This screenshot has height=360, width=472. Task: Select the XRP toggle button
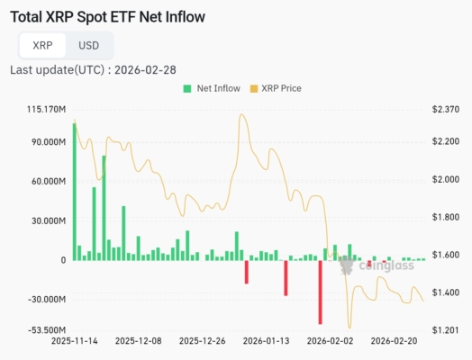(x=42, y=45)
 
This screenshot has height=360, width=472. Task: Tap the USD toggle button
(x=89, y=45)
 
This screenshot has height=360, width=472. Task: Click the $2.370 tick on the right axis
(x=446, y=110)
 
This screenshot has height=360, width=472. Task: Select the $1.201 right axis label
(x=446, y=330)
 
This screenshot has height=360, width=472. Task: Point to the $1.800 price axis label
(x=446, y=217)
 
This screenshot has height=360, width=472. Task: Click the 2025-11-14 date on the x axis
(x=75, y=341)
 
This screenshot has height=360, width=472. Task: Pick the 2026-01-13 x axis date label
(x=267, y=341)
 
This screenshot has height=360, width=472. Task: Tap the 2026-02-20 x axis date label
(x=395, y=341)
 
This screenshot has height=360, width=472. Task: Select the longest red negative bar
(x=320, y=292)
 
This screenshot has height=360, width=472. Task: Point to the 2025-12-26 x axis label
(x=203, y=341)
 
